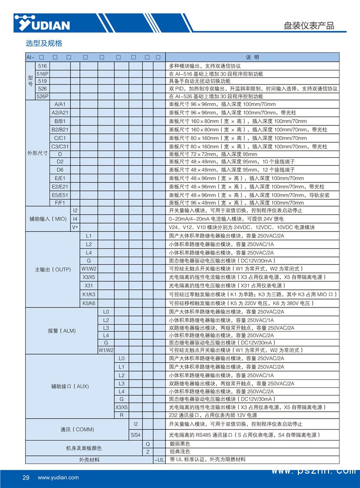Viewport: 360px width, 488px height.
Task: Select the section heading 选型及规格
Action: coord(44,44)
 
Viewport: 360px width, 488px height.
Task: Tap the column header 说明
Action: coord(253,57)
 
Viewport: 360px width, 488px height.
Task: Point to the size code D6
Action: coord(60,169)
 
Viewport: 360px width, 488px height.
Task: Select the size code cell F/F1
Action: coord(60,203)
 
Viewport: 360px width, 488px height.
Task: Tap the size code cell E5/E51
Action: coord(60,195)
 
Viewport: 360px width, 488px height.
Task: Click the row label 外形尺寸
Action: coord(37,153)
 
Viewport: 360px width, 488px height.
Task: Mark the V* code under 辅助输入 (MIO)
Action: coord(75,227)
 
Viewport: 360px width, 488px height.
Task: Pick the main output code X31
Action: coord(88,285)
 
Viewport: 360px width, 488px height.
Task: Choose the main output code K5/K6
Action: coord(88,303)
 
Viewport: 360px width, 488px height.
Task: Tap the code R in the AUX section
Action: coord(121,415)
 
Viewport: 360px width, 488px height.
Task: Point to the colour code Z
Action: coord(147,451)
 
